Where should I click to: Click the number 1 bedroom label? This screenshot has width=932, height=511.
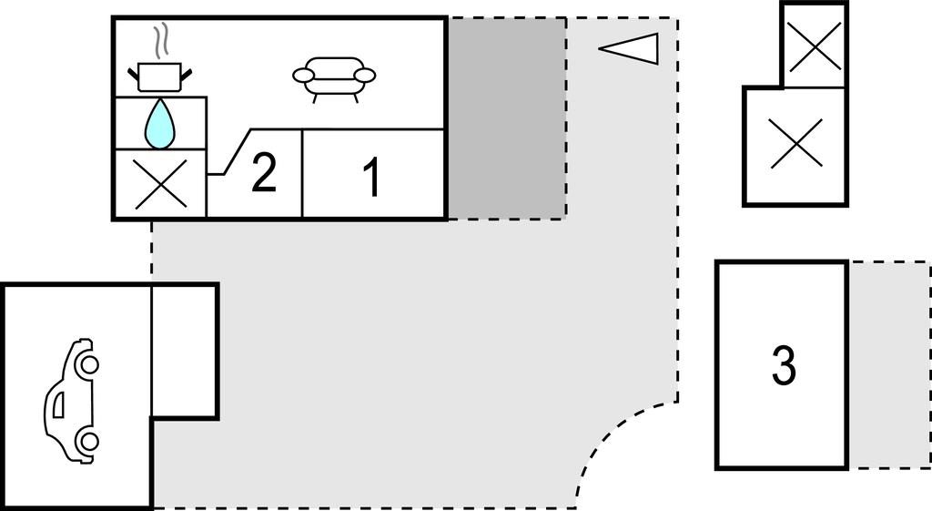[372, 178]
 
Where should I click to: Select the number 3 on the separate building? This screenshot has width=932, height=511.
[784, 365]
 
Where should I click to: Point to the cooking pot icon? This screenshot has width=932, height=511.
[159, 77]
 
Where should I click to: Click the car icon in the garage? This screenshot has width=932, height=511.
[71, 401]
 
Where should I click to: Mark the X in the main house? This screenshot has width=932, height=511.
[160, 184]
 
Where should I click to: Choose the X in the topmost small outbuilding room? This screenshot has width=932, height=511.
[815, 46]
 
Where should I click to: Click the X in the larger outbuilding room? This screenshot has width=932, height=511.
[795, 143]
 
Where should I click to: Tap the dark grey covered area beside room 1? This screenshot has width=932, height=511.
[506, 118]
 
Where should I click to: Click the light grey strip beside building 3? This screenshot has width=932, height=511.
[889, 364]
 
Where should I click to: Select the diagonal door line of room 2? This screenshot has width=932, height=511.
[238, 152]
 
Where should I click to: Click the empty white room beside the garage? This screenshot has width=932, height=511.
[184, 352]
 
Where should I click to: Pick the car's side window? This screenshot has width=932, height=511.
[59, 405]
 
